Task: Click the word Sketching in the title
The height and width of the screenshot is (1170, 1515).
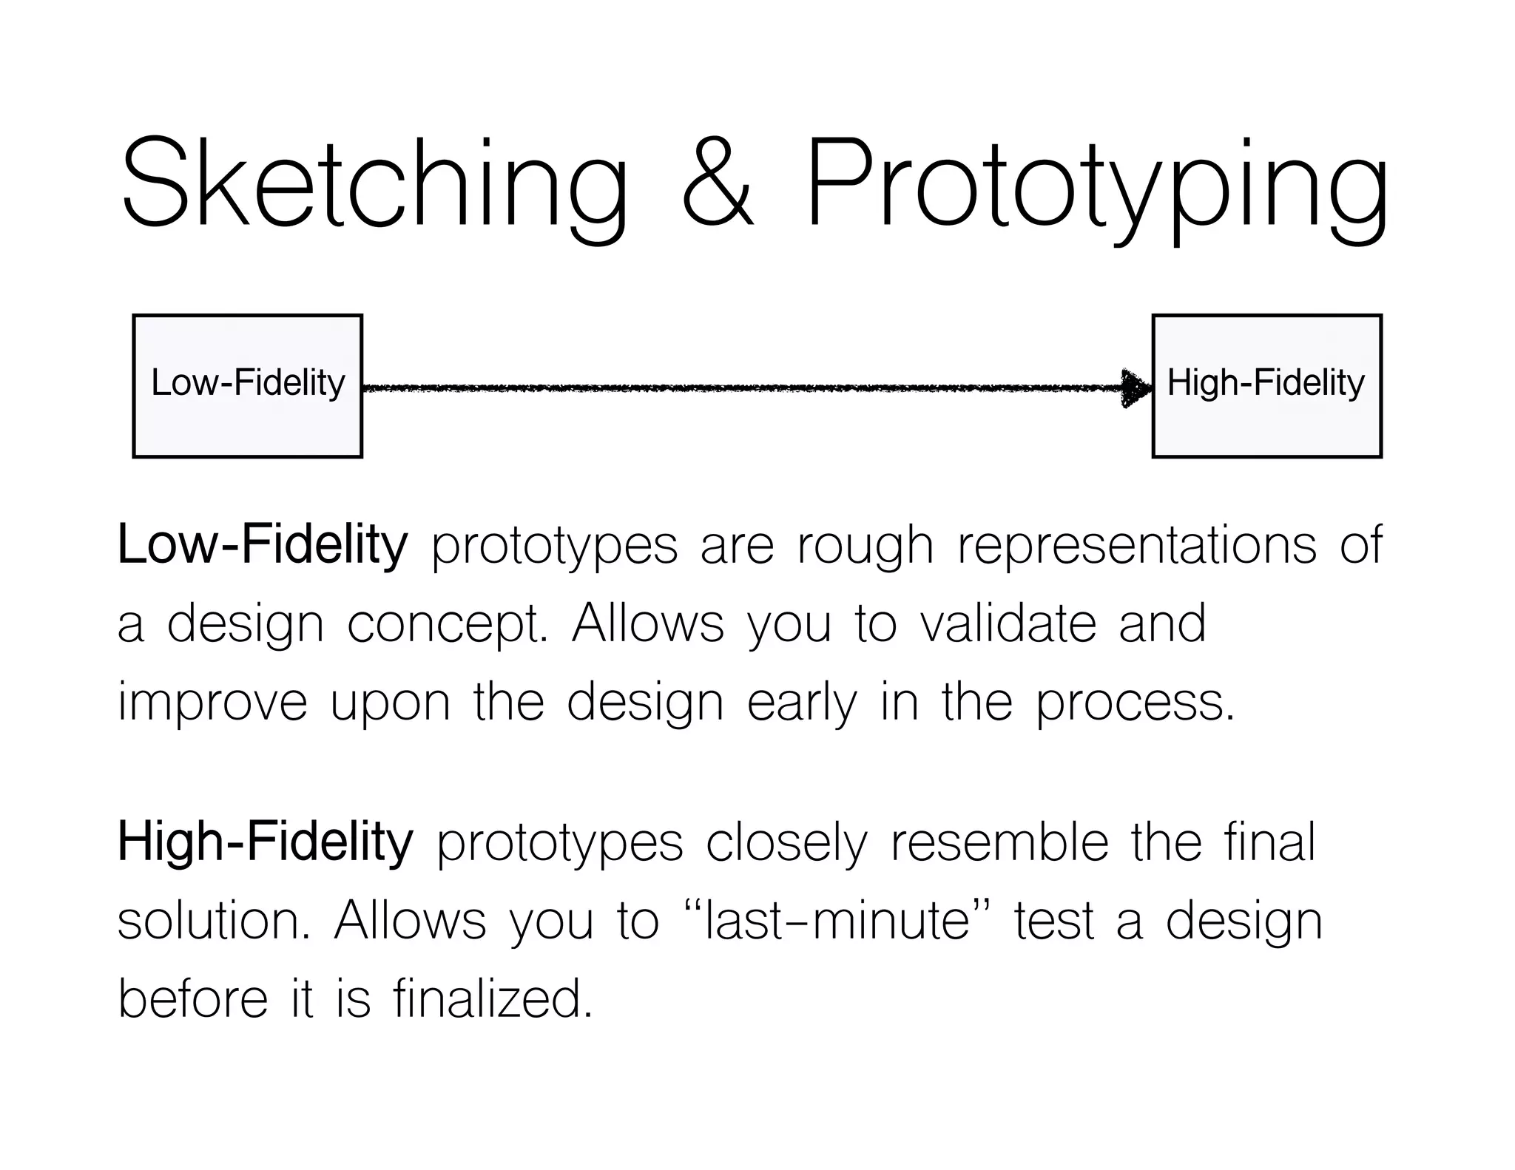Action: point(374,185)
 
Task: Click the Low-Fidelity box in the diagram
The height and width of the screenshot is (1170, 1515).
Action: point(248,385)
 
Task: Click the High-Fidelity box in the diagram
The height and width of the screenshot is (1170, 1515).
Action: point(1266,385)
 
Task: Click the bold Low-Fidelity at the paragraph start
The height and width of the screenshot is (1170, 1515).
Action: point(263,544)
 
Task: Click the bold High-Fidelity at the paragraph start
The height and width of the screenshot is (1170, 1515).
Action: point(265,842)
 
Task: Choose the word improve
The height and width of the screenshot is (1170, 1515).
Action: point(212,703)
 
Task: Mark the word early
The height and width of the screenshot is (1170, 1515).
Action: point(802,703)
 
